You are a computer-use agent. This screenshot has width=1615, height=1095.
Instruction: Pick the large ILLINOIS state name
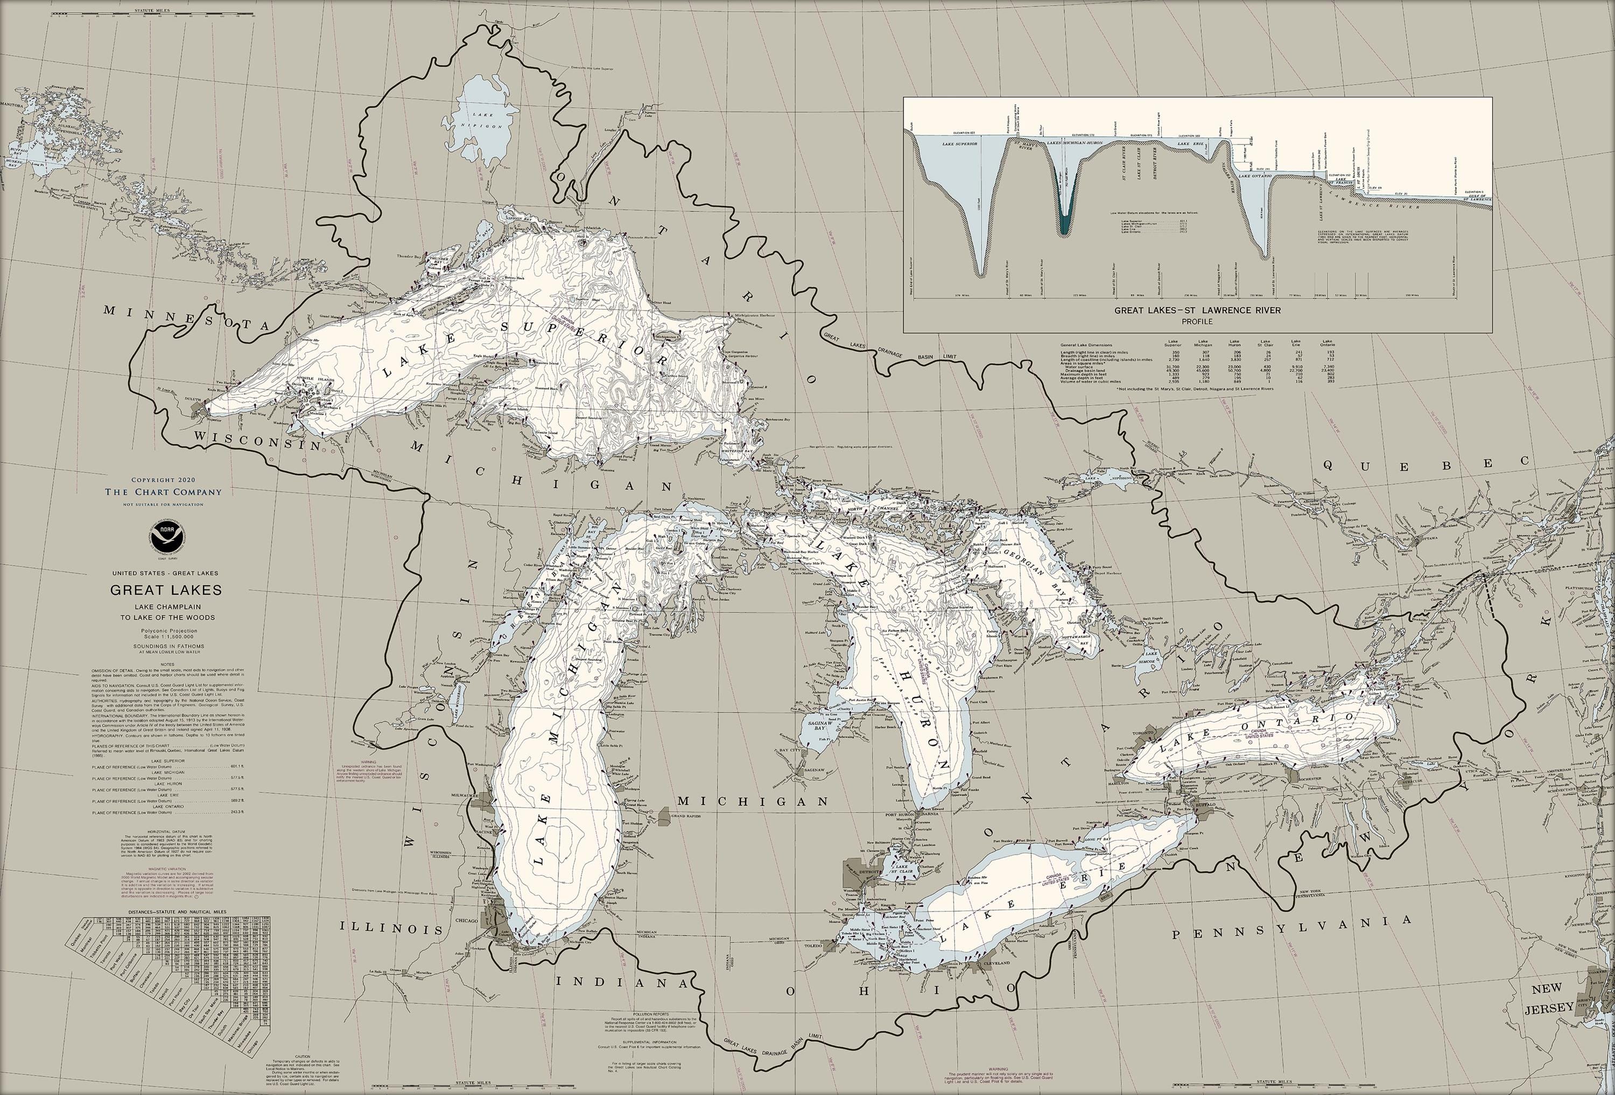[x=391, y=929]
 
